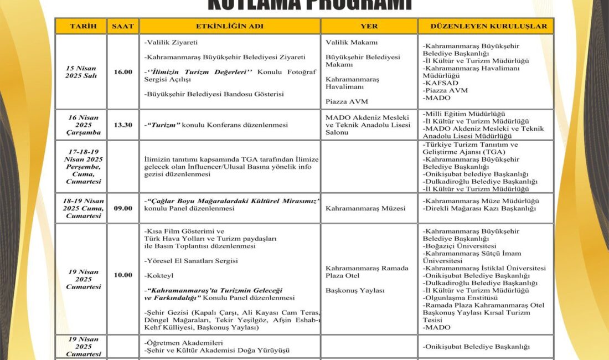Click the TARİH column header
80,26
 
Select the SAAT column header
123,26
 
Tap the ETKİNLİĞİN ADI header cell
230,26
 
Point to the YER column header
369,26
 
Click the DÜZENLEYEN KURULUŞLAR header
486,26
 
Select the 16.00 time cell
123,72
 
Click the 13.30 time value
123,125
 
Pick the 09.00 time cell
123,208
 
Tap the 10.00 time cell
123,275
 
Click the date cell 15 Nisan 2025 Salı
81,71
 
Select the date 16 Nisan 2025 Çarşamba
81,125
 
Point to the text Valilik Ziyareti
171,43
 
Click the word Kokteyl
159,275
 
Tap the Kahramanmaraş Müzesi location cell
365,209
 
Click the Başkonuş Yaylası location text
355,290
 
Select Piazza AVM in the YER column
347,101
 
